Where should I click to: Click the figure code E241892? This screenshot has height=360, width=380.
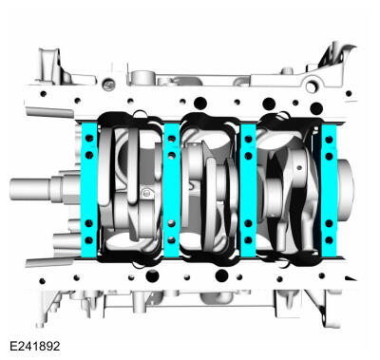35,346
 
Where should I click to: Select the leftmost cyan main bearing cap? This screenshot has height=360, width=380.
89,190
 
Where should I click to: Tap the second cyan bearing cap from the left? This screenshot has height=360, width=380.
172,190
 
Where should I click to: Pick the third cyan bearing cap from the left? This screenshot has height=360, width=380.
248,190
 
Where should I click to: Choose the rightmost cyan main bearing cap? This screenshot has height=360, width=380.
330,190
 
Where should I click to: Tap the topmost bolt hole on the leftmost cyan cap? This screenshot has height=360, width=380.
89,138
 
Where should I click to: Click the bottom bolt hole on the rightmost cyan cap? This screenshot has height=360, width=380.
329,240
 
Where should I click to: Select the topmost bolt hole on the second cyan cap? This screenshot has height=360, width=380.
172,139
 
